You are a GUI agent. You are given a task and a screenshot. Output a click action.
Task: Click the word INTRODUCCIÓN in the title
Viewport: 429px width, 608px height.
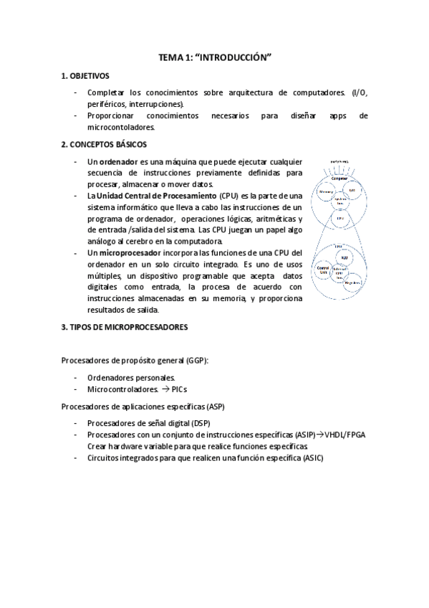239,56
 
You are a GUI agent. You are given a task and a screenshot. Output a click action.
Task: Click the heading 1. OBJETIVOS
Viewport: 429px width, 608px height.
85,75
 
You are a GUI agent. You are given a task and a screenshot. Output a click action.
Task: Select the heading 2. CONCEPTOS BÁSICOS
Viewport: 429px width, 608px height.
104,144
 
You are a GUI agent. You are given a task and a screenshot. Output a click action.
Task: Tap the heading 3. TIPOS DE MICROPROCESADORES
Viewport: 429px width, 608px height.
124,327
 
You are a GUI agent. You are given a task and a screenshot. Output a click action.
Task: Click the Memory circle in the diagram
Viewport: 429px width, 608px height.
327,193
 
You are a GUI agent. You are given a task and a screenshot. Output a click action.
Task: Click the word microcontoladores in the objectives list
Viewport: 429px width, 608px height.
120,127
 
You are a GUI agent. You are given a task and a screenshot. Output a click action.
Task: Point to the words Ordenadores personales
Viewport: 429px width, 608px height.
130,377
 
